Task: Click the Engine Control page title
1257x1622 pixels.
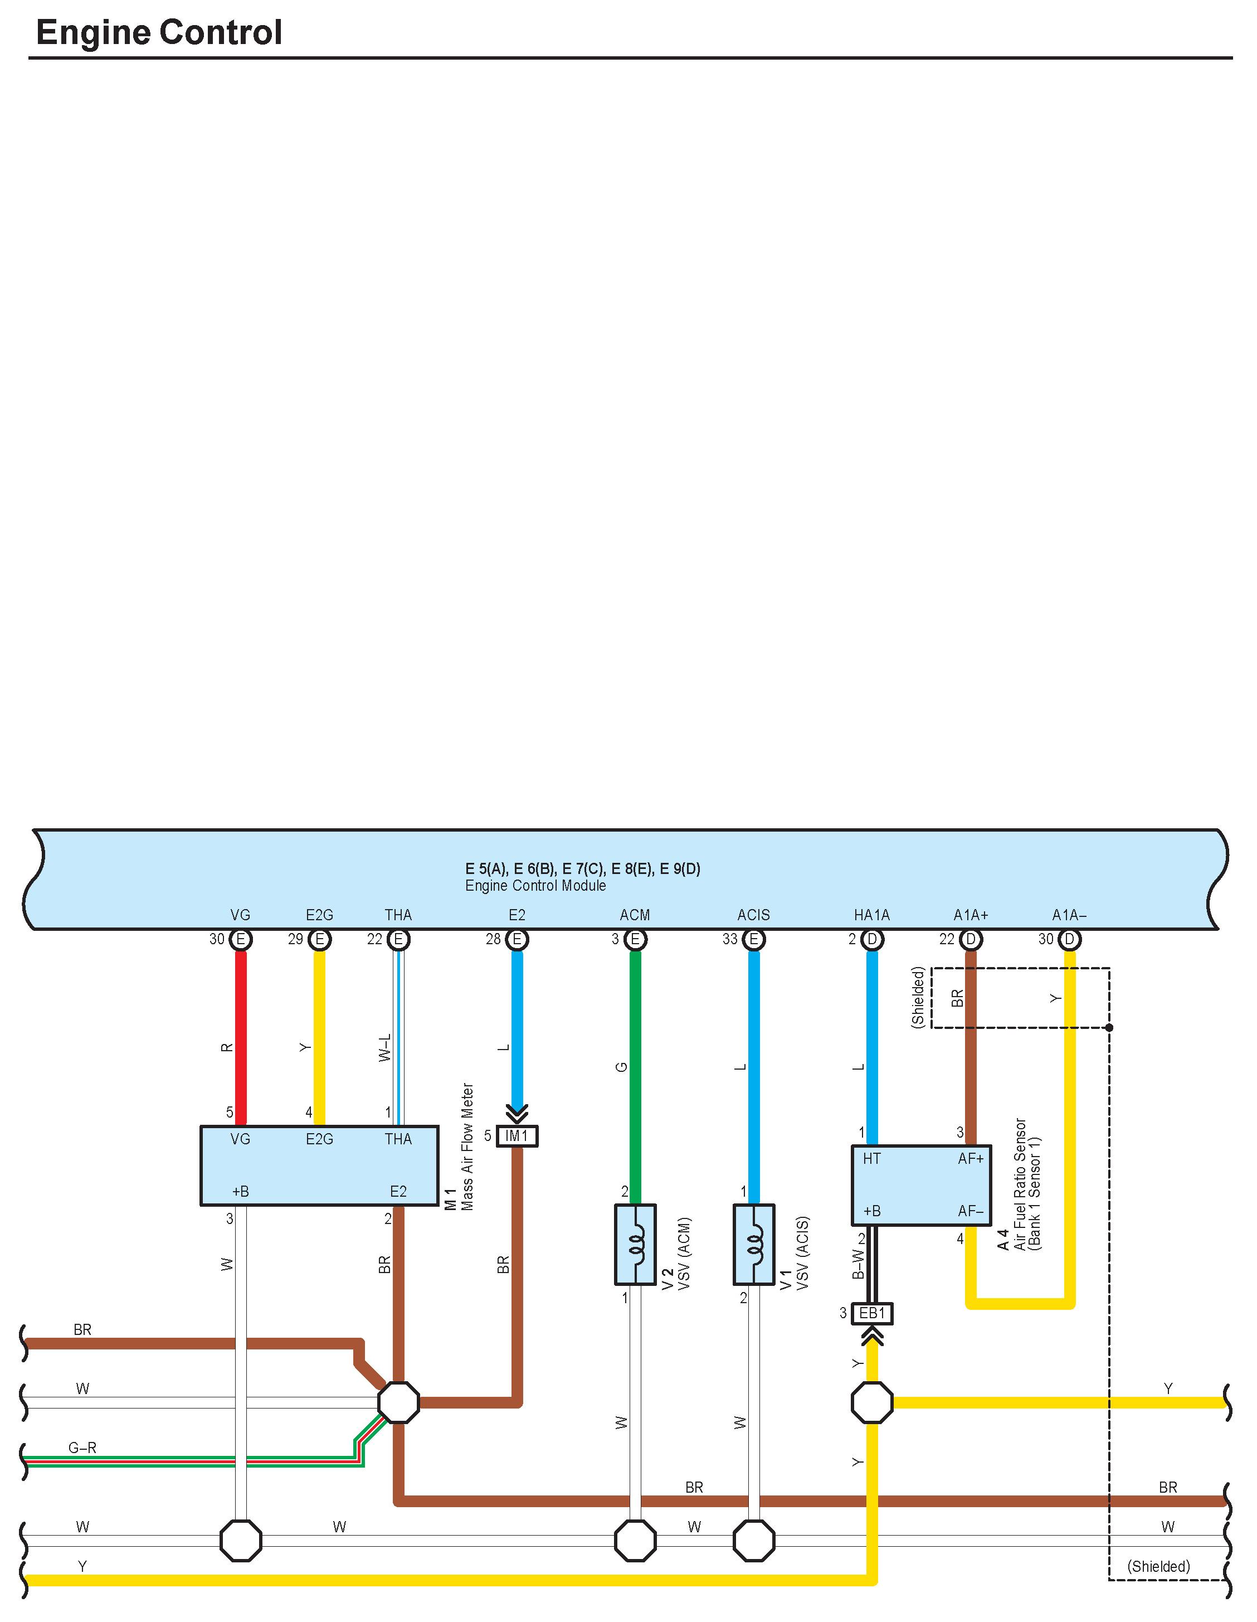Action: click(159, 33)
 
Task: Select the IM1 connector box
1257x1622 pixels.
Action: click(516, 1135)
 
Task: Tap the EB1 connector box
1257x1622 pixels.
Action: click(873, 1313)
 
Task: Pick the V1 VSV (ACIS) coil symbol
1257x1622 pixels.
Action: click(754, 1244)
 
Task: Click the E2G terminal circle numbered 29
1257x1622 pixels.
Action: click(319, 940)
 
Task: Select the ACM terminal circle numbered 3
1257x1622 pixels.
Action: click(635, 940)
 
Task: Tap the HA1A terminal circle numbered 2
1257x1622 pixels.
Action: click(873, 940)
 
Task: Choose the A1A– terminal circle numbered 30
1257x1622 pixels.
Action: click(1069, 940)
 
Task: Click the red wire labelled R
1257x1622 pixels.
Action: click(241, 1040)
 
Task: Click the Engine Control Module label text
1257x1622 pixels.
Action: click(535, 885)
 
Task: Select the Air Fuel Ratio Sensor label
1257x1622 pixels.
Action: click(1020, 1184)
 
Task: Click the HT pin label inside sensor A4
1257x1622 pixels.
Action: click(871, 1159)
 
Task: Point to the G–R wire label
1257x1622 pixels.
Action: click(82, 1448)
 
